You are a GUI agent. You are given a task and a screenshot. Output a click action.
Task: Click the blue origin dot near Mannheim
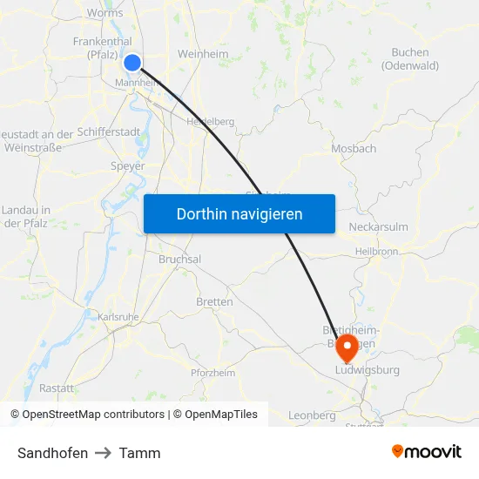coord(132,62)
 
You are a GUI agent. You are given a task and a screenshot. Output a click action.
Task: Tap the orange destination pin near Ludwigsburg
coord(347,347)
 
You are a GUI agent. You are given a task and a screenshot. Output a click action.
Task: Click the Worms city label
coord(105,13)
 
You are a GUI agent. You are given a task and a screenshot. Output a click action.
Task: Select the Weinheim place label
coord(203,54)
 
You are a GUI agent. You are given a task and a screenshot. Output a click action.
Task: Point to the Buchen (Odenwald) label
coord(409,58)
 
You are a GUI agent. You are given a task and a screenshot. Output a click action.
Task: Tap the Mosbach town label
coord(354,149)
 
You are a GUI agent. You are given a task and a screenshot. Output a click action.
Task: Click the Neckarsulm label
coord(378,227)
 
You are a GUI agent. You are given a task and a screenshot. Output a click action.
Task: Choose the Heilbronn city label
coord(376,252)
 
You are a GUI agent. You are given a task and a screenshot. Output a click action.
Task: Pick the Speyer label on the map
coord(127,166)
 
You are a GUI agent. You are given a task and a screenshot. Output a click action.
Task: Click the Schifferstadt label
coord(108,131)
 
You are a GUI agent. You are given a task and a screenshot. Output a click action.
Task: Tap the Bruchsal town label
coord(179,260)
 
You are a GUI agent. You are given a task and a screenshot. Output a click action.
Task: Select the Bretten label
coord(214,302)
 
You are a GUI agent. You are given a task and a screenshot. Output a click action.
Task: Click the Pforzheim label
coord(213,373)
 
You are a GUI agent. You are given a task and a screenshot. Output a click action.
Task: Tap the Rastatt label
coord(57,388)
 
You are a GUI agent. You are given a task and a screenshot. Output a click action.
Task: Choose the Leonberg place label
coord(312,415)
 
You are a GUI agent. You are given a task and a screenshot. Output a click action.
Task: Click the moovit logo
coord(426,452)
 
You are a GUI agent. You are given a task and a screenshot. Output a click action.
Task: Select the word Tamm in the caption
coord(139,453)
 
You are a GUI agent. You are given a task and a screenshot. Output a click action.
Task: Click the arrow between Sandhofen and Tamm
coord(104,453)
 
